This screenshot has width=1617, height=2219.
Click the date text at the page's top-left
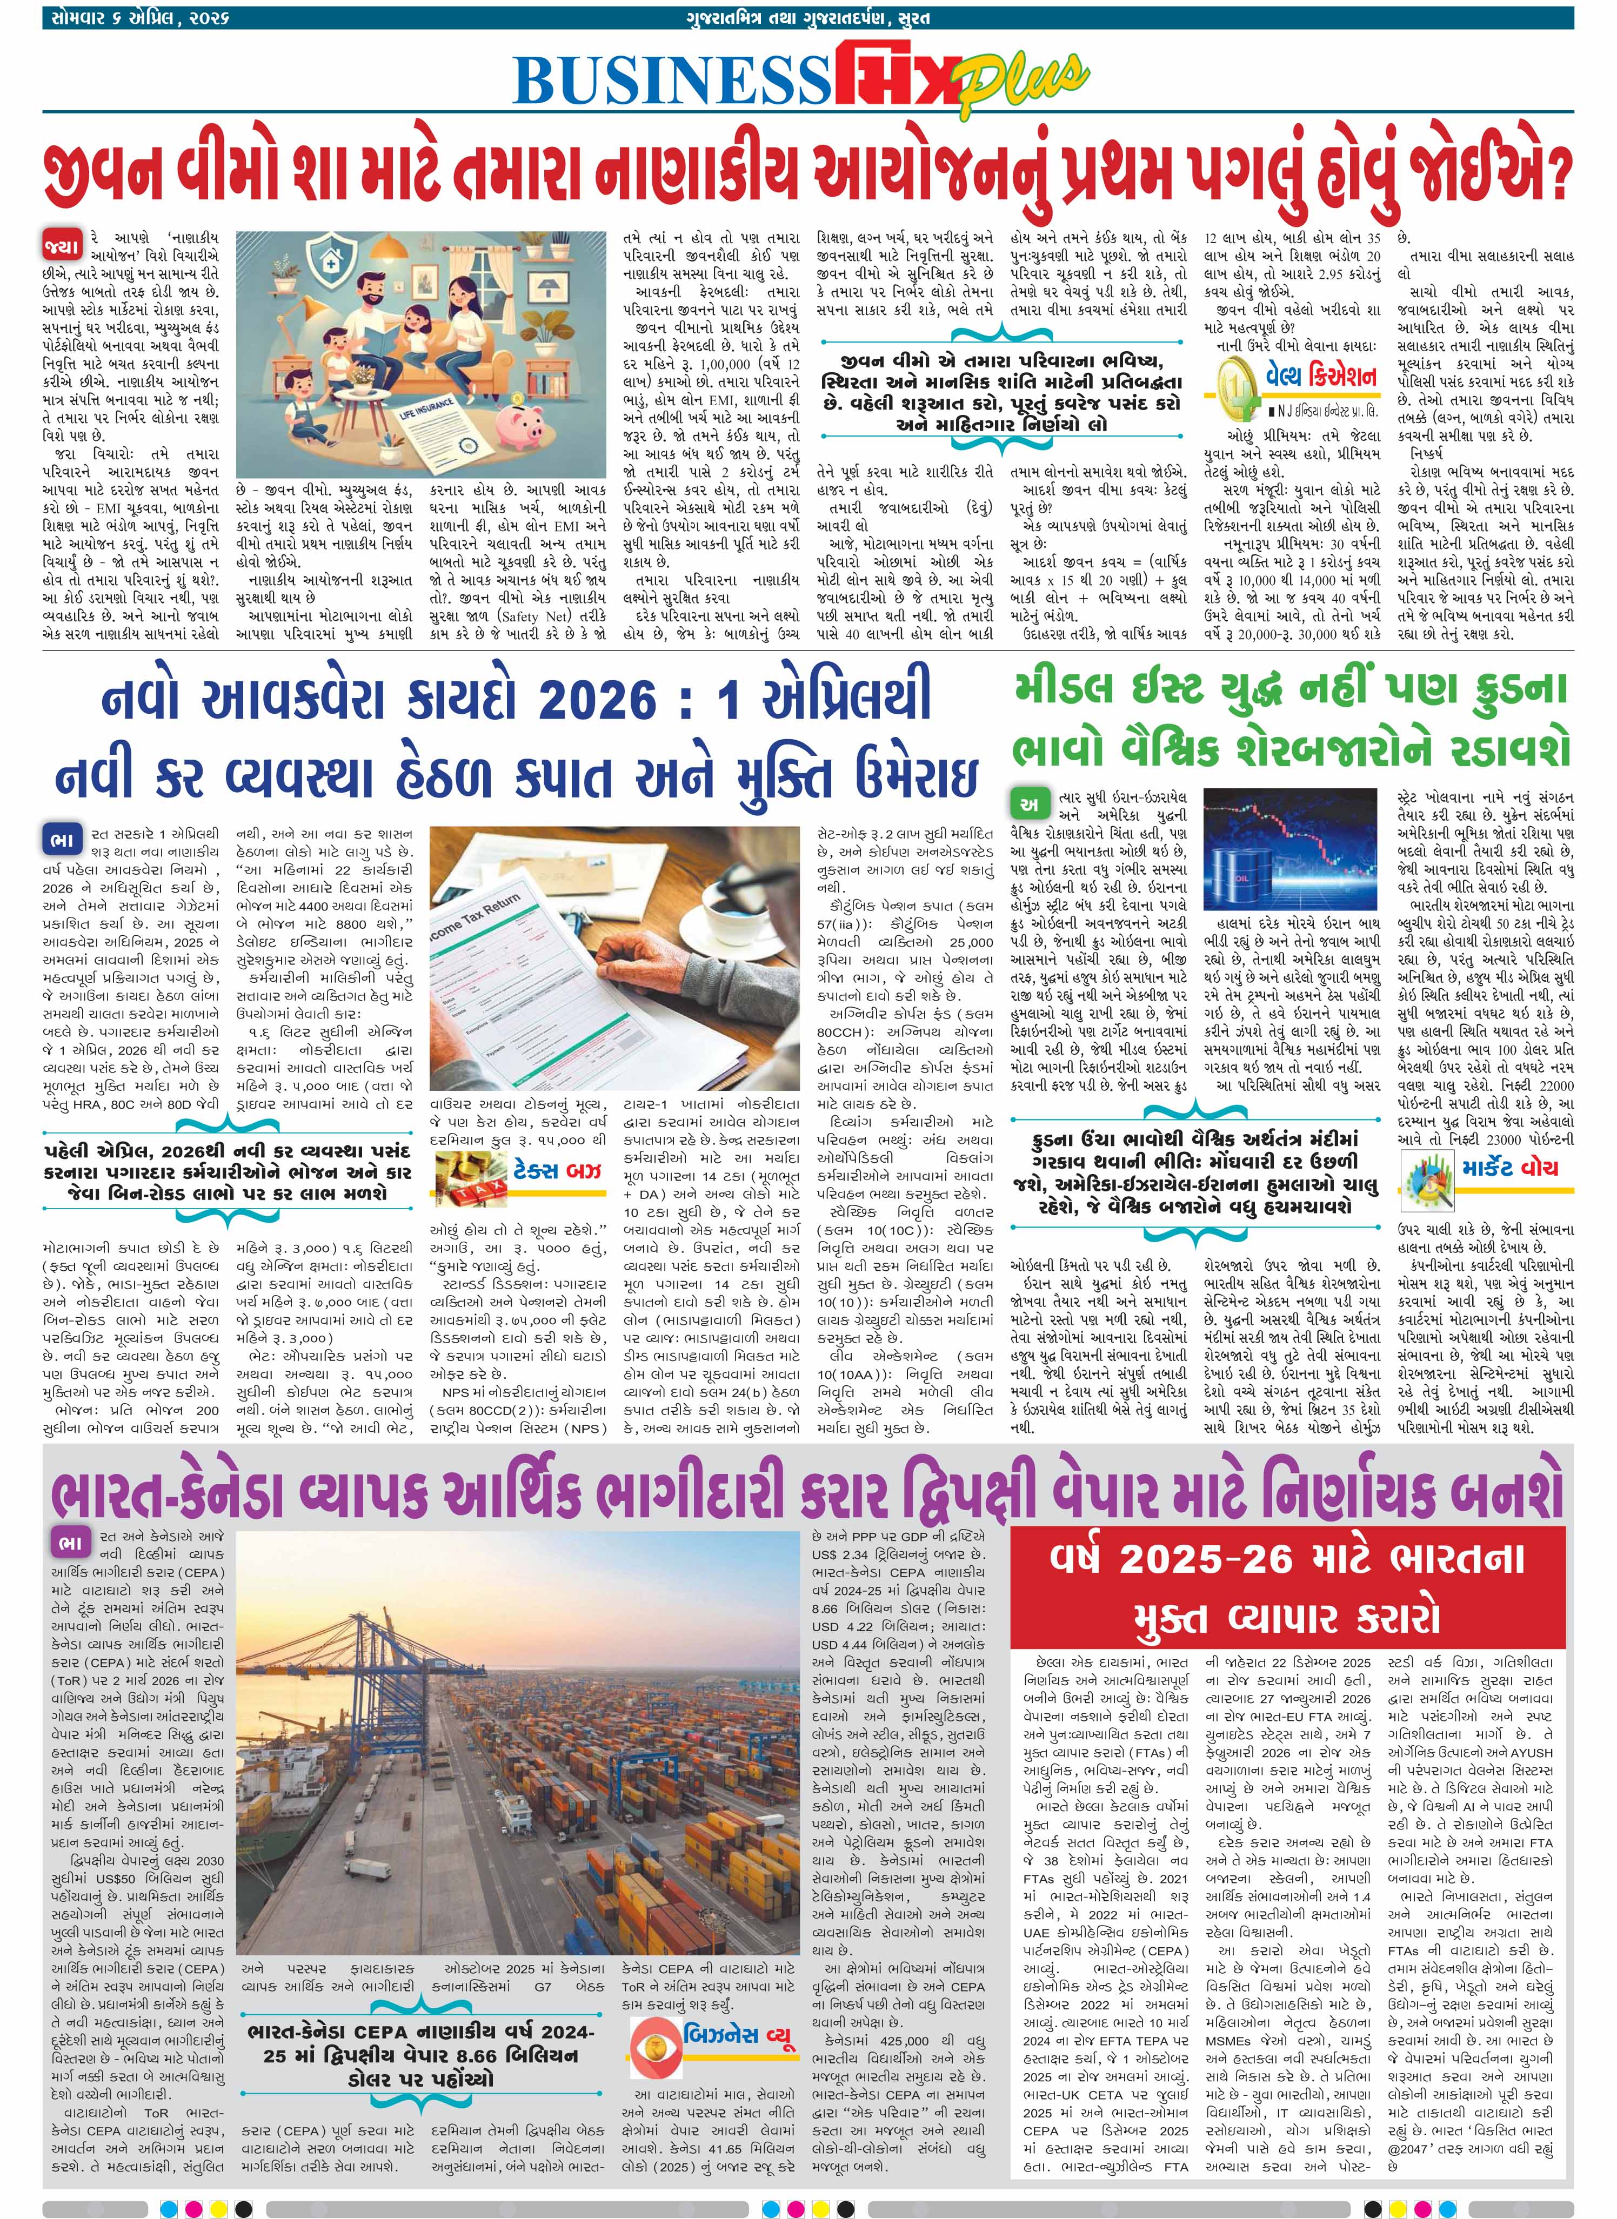(137, 18)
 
